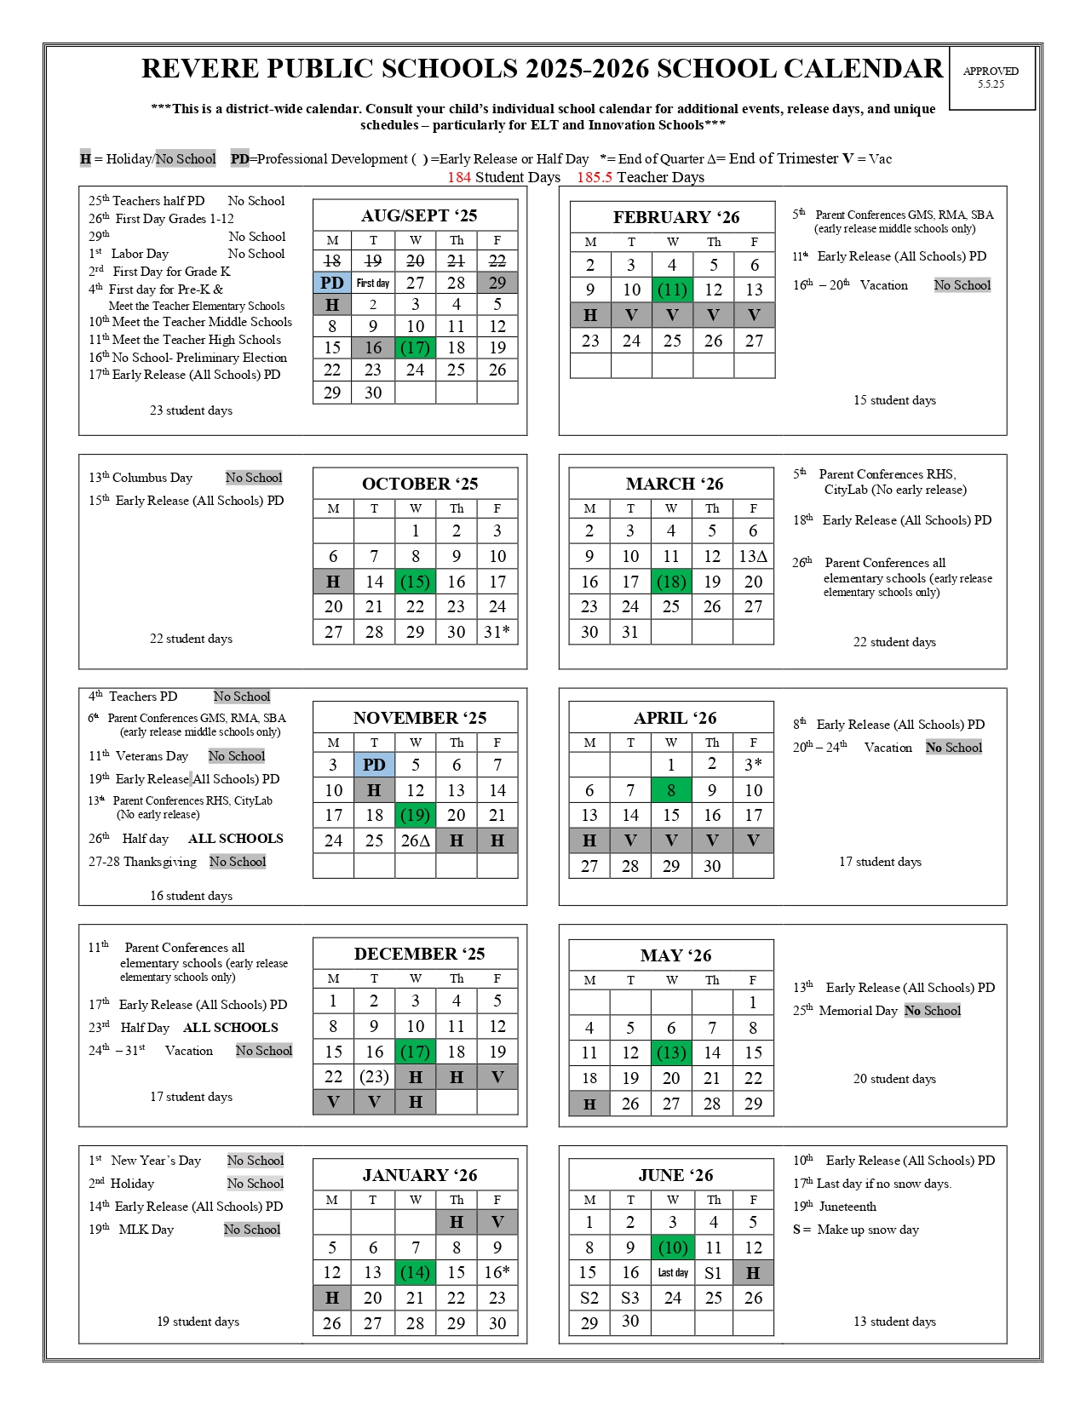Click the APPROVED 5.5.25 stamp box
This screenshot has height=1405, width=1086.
[x=991, y=77]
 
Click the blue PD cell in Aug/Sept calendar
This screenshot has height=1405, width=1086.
[x=332, y=283]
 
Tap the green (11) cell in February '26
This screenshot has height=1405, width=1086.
[x=672, y=290]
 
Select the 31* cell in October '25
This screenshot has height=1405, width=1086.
[x=497, y=632]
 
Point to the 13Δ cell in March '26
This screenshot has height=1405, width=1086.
[x=753, y=556]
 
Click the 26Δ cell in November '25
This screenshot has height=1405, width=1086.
[x=416, y=840]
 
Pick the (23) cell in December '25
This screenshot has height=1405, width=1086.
[x=374, y=1076]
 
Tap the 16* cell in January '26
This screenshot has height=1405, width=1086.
[x=497, y=1272]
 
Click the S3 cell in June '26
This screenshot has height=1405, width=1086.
[x=630, y=1298]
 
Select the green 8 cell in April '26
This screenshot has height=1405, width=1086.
[x=671, y=790]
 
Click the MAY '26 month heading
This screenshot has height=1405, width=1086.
[x=675, y=955]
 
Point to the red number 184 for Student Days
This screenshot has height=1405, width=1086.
[x=459, y=177]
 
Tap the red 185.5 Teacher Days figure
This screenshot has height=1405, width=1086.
[x=595, y=177]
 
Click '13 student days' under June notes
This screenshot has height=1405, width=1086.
[x=894, y=1322]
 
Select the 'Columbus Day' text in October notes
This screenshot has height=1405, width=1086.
[x=152, y=478]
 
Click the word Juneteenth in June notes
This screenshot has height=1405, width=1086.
[x=848, y=1207]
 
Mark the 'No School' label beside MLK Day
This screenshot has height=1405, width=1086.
[x=252, y=1230]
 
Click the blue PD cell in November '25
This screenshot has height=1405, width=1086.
[x=374, y=765]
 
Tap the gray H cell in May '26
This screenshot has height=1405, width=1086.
[x=589, y=1104]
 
